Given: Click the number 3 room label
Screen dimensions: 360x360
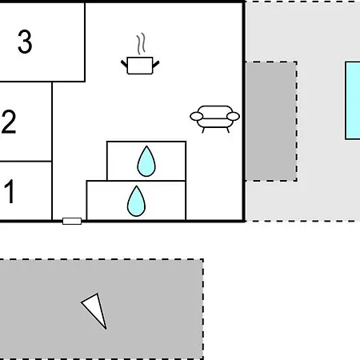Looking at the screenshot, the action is coord(25,42).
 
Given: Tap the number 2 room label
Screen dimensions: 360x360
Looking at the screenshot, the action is coord(9,122).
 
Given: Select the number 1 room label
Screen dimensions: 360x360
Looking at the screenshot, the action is coord(10,191).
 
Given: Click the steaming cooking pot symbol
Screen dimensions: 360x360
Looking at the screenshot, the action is coord(140,54).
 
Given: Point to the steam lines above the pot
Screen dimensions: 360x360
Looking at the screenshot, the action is coord(142,44).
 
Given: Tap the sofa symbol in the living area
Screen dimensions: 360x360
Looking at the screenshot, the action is coord(214,119).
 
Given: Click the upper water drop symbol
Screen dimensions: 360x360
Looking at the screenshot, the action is coord(146,162).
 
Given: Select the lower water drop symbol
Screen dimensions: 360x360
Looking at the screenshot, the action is coord(136,201).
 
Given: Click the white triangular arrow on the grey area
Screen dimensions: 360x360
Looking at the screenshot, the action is coord(94,310).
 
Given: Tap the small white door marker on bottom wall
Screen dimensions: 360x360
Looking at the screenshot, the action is coord(72,221).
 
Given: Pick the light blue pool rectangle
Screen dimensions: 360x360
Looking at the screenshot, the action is coord(353,101).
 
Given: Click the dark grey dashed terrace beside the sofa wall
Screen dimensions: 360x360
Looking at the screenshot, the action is coord(271,122).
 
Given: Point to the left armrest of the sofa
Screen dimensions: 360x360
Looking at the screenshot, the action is coord(197,117).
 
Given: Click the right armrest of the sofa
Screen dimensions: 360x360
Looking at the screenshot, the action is coord(233,117).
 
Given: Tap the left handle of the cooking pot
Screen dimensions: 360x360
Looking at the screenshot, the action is coord(124,64).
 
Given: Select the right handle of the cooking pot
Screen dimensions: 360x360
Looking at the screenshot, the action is coord(156,64).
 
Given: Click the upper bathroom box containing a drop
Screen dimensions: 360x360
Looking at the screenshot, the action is coord(146,161).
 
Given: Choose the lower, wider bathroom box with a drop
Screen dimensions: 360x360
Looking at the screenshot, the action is coord(136,201).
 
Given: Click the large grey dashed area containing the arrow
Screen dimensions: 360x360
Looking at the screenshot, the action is coord(102,309).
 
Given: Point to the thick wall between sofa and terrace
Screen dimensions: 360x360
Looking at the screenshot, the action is coord(244,111).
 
